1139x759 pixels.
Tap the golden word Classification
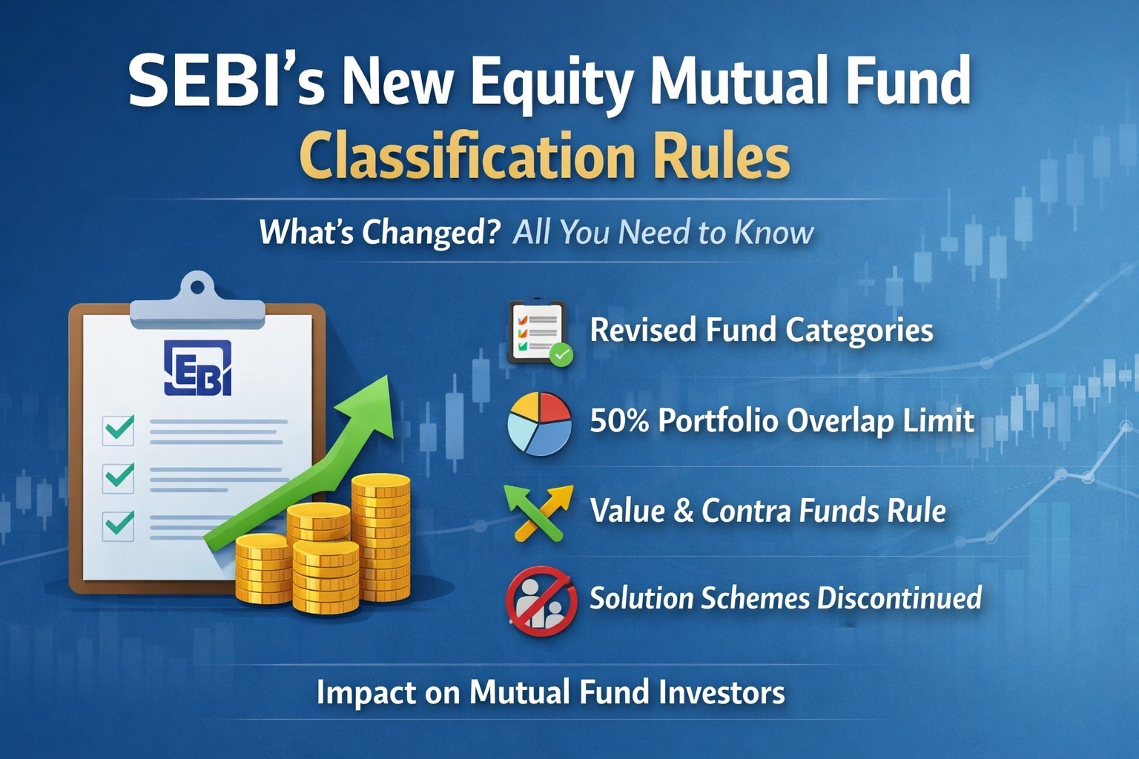468,157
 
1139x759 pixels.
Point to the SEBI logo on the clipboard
197,368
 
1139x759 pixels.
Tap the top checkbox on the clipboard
119,428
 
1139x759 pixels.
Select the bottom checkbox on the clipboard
119,525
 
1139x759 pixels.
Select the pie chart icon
539,423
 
